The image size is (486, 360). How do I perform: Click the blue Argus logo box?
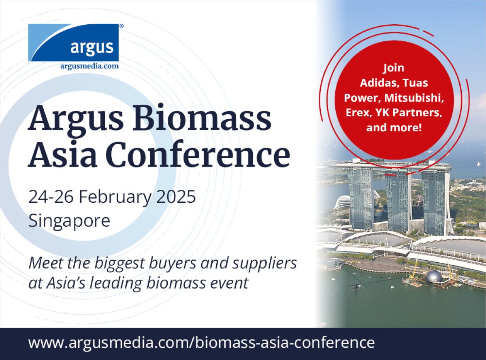(73, 42)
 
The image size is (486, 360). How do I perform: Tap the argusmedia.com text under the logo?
(90, 66)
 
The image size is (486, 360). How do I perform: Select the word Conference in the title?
(199, 154)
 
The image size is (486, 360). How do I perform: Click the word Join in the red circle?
(394, 68)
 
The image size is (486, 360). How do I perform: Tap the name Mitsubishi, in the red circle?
(414, 98)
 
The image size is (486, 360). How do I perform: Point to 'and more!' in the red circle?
(394, 127)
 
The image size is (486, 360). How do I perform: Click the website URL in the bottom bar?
(201, 343)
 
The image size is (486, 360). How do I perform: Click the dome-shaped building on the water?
(434, 277)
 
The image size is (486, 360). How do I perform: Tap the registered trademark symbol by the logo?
(121, 26)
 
